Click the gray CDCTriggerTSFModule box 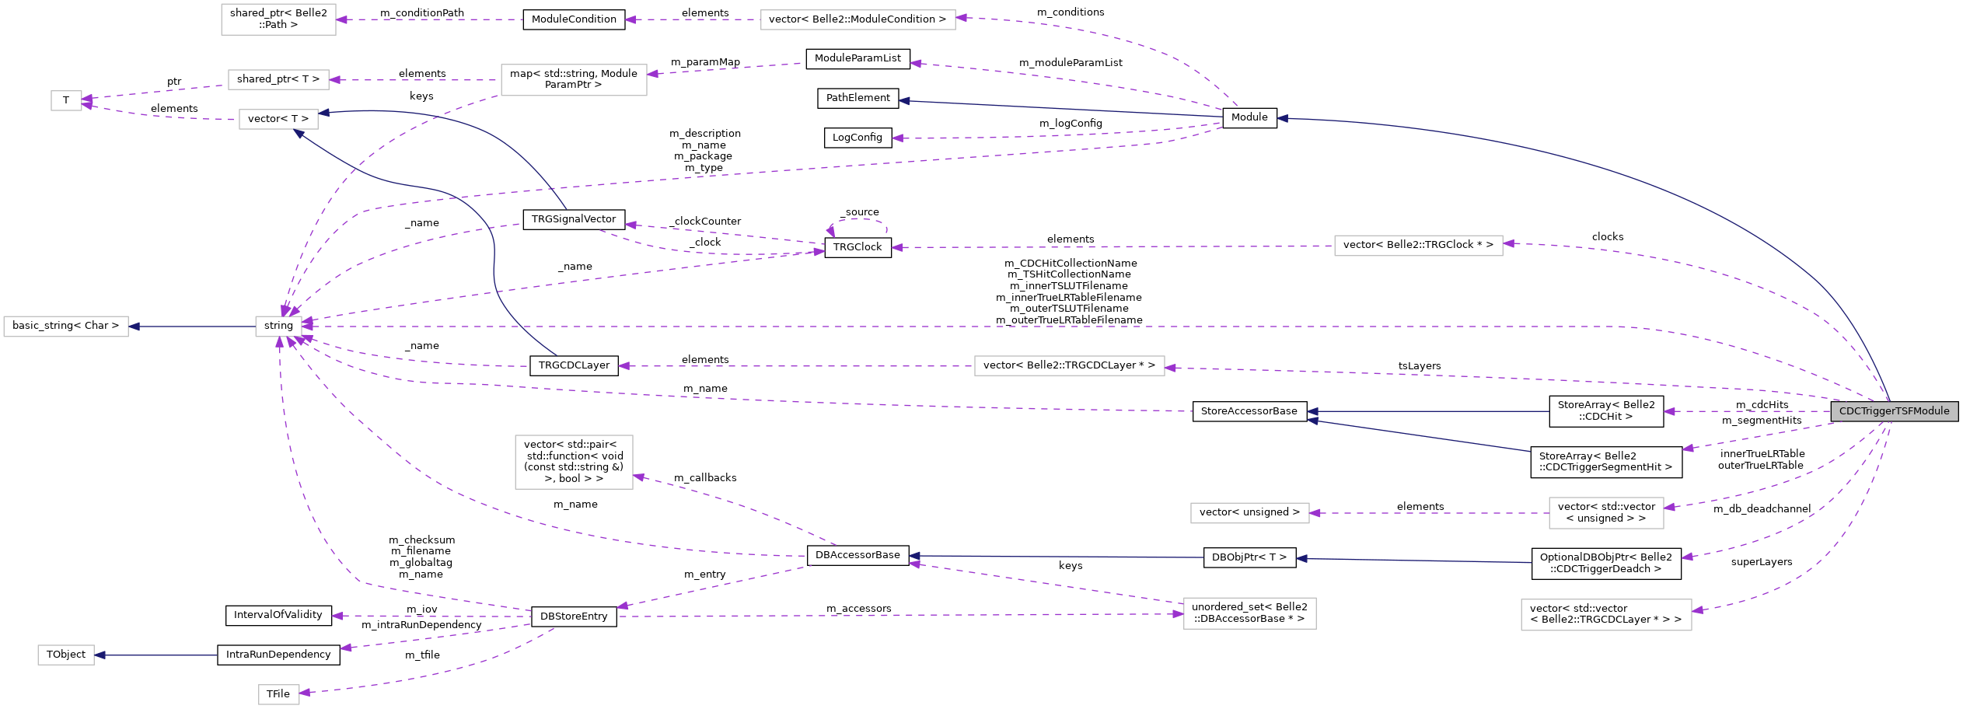click(x=1894, y=411)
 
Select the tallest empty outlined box click(x=574, y=462)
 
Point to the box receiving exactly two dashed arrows click(x=66, y=101)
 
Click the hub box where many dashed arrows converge click(x=278, y=327)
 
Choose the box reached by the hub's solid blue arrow click(x=66, y=327)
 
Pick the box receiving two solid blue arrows click(x=278, y=120)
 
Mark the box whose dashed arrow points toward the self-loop click(x=1418, y=246)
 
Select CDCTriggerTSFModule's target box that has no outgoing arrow click(x=1606, y=615)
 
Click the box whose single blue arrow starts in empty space click(x=66, y=655)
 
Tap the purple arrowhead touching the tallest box click(x=639, y=477)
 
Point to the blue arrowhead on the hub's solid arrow click(x=134, y=327)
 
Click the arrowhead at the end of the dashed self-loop click(x=830, y=231)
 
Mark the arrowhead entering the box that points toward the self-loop click(x=1508, y=244)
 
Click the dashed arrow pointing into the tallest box click(x=739, y=505)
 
